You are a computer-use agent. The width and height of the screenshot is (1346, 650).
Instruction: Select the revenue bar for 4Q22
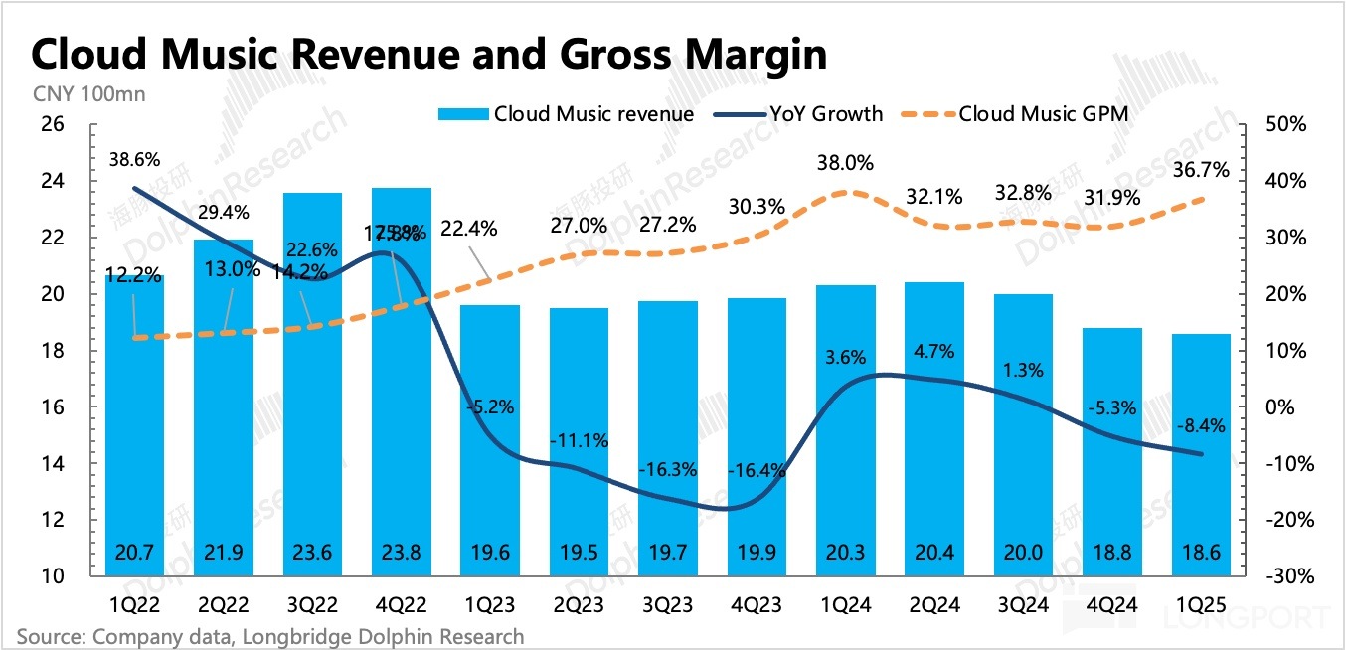403,398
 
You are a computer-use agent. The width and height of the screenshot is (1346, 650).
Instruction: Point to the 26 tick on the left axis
51,124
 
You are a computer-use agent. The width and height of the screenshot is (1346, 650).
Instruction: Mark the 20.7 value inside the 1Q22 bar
133,554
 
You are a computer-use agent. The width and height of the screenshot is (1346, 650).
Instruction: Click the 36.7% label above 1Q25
1201,170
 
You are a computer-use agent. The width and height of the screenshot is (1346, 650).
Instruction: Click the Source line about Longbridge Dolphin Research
269,635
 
